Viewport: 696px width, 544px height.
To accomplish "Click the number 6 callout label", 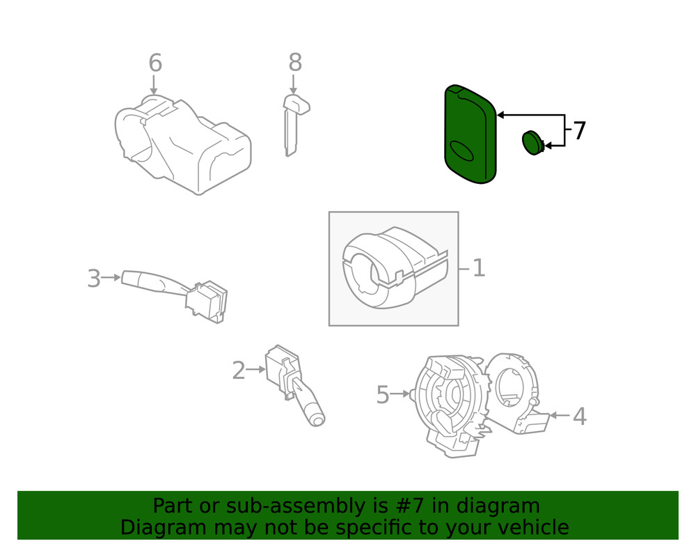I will pyautogui.click(x=155, y=63).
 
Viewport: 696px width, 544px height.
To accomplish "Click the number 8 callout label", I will pyautogui.click(x=295, y=63).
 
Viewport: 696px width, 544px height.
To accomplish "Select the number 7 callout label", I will pyautogui.click(x=579, y=130).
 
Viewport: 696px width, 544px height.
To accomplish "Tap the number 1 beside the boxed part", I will pyautogui.click(x=479, y=268).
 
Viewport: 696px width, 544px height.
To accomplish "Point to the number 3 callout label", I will pyautogui.click(x=94, y=279).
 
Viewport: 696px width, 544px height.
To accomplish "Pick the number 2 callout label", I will pyautogui.click(x=239, y=371).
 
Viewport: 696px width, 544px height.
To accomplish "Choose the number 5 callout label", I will pyautogui.click(x=383, y=395).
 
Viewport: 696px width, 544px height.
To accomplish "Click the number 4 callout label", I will pyautogui.click(x=579, y=417).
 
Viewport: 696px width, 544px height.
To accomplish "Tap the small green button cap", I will pyautogui.click(x=532, y=143).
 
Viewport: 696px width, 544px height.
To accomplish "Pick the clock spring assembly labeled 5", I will pyautogui.click(x=449, y=404).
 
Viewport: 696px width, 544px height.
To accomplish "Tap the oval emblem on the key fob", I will pyautogui.click(x=461, y=149).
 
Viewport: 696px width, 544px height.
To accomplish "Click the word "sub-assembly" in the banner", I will pyautogui.click(x=307, y=506).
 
